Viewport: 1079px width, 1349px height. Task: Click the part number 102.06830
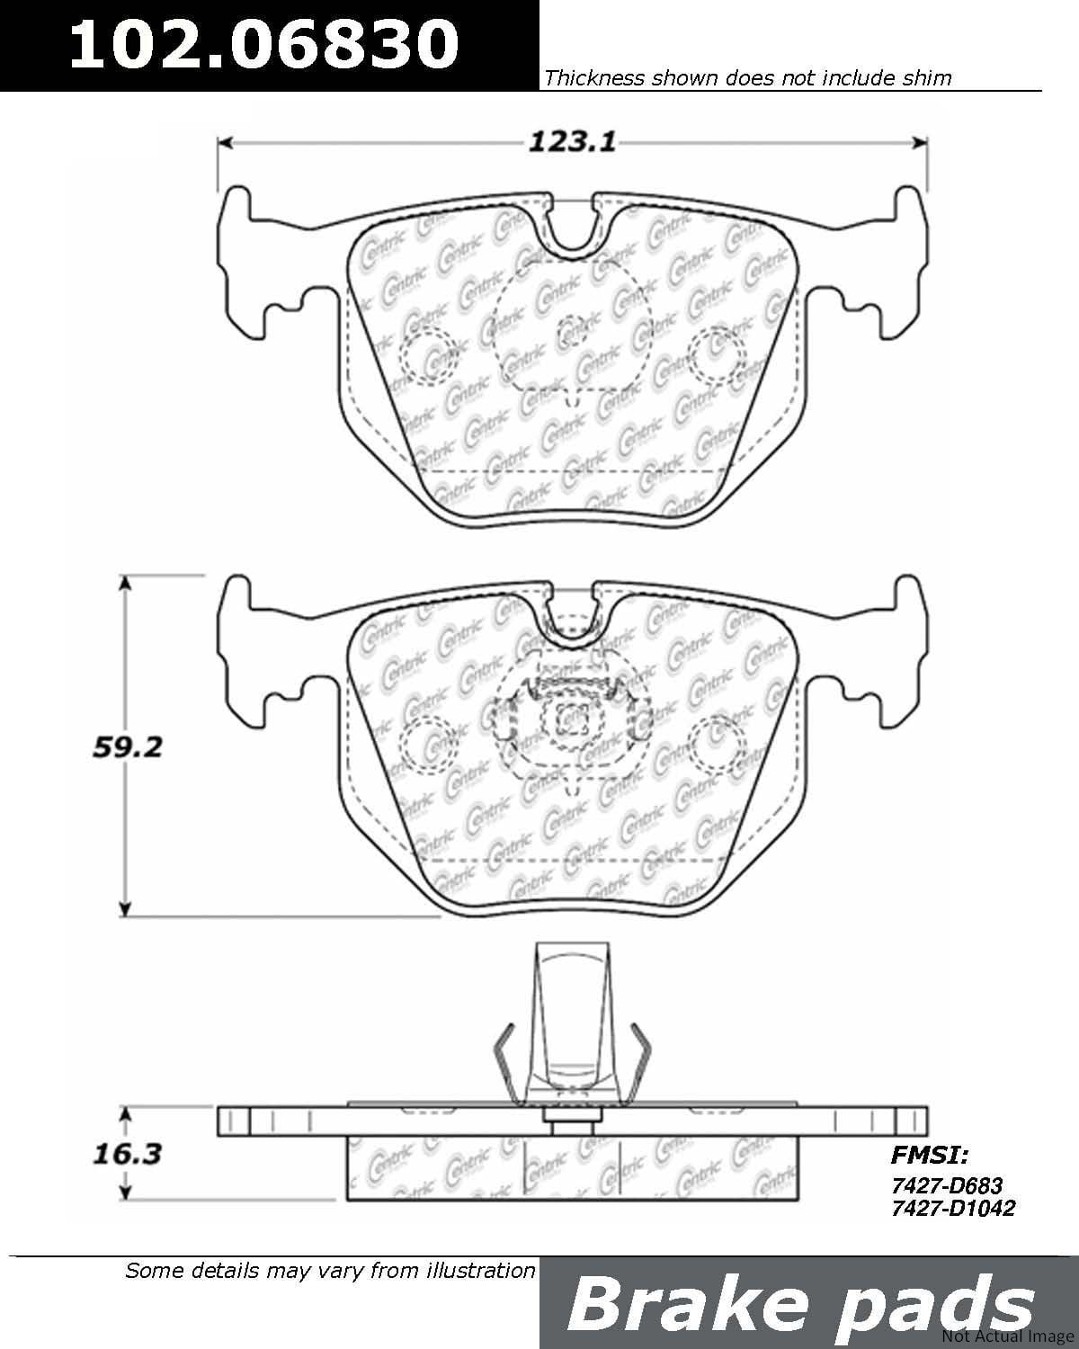tap(263, 44)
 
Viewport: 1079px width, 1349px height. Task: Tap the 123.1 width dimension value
tap(571, 141)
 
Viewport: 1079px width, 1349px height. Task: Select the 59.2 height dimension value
tap(128, 746)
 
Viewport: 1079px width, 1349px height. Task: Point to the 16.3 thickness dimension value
tap(127, 1153)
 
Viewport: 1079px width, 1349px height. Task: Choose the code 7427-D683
tap(946, 1186)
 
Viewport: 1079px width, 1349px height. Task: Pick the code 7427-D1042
tap(952, 1208)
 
